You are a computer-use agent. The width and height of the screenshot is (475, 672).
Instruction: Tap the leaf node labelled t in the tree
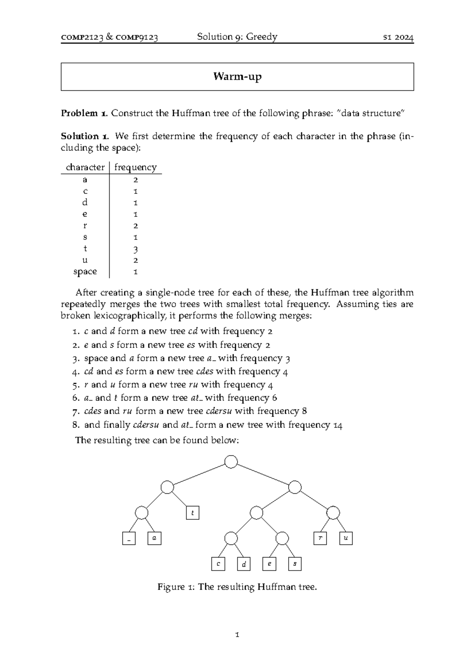[192, 514]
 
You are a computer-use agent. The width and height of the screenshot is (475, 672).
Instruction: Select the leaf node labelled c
[218, 564]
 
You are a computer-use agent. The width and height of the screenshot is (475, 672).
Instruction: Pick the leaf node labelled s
[295, 564]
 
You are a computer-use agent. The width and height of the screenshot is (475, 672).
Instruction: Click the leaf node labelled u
[346, 538]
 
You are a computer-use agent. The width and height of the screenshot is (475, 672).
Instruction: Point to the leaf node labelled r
[320, 538]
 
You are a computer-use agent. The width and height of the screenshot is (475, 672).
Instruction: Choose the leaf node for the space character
[129, 539]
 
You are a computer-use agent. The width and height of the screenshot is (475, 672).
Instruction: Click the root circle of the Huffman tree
[231, 462]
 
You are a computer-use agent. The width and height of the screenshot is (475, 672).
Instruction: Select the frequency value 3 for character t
[135, 249]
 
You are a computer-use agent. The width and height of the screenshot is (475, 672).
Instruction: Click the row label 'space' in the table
[85, 272]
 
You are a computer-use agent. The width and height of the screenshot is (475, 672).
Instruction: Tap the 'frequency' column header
[135, 167]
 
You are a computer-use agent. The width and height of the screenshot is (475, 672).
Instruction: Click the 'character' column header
[85, 167]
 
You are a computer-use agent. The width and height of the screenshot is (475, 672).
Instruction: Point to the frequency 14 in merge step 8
[338, 426]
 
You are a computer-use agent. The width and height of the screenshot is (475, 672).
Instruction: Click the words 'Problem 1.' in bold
[84, 113]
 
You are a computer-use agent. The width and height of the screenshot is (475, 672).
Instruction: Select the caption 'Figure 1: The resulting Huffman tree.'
[237, 587]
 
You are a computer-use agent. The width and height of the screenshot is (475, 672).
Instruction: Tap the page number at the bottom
[237, 635]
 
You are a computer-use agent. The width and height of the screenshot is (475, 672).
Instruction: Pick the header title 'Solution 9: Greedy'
[237, 37]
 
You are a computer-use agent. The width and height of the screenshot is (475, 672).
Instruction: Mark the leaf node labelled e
[269, 564]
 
